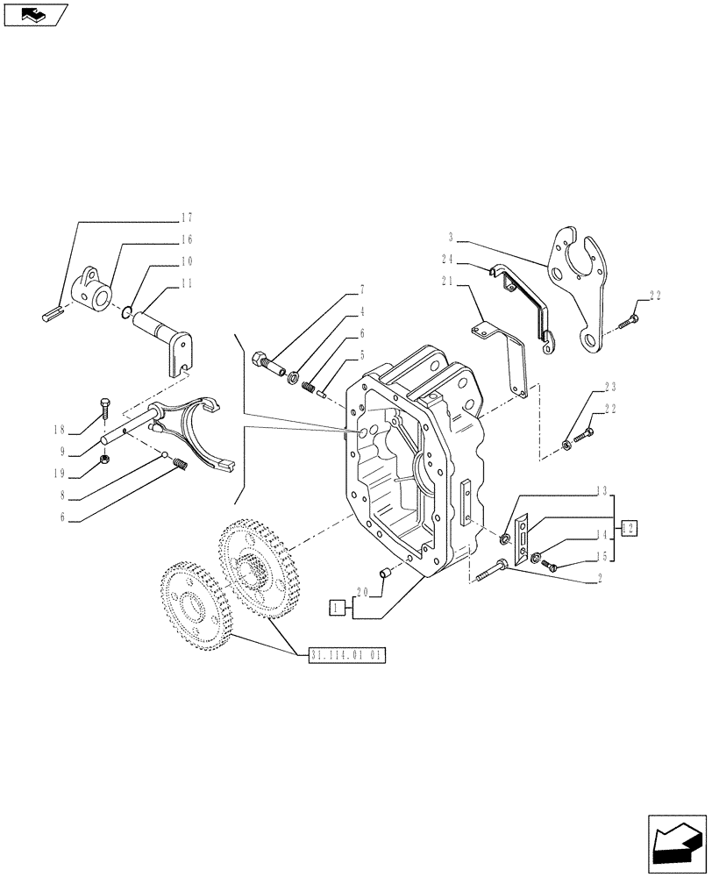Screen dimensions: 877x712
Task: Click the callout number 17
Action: [186, 217]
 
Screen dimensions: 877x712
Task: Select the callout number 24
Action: [448, 259]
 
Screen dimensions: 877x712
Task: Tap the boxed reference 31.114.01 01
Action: [347, 655]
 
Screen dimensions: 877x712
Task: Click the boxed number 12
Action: [629, 527]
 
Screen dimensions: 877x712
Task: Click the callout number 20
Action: [363, 592]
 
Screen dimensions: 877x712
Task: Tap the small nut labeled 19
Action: [104, 459]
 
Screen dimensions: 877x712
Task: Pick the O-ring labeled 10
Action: [127, 309]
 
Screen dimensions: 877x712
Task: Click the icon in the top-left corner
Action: [36, 14]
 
